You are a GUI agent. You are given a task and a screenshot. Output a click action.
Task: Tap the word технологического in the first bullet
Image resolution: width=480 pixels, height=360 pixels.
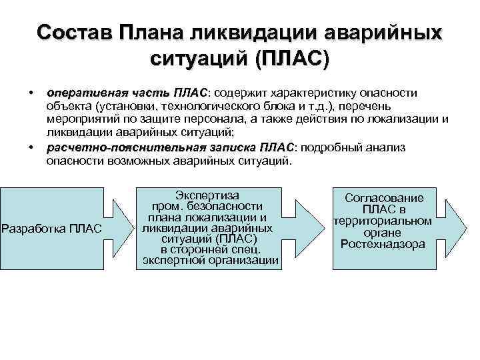(x=213, y=105)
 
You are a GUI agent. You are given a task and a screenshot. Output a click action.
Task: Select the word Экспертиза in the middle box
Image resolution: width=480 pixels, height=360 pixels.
(x=207, y=195)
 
